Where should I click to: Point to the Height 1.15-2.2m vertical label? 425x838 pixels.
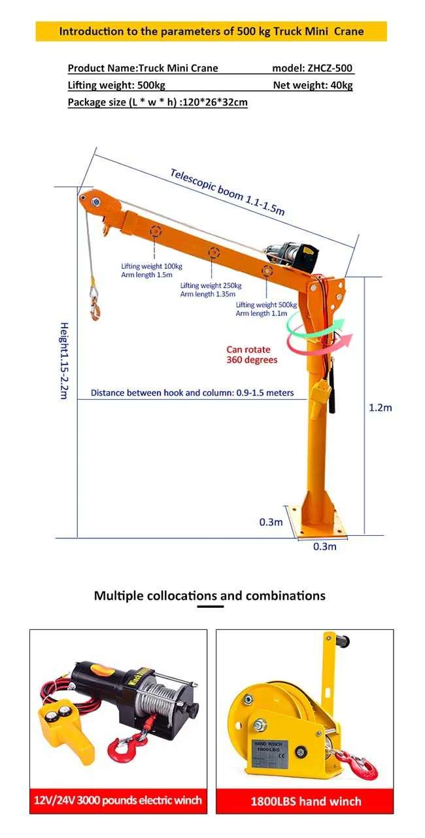coord(64,360)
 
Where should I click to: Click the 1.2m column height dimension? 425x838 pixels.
coord(380,408)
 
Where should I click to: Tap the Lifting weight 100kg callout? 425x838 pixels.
coord(152,270)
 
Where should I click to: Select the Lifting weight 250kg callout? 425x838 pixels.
coord(211,290)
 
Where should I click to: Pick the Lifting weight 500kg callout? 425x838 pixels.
coord(266,309)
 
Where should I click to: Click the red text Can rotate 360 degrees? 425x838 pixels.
coord(252,355)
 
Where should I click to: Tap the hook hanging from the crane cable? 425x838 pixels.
coord(95,305)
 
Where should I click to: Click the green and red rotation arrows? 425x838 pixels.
coord(320,333)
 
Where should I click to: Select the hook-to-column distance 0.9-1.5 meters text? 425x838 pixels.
coord(192,393)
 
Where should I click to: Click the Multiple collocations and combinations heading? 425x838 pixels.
coord(209,596)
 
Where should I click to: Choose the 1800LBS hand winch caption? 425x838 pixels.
coord(305,801)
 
